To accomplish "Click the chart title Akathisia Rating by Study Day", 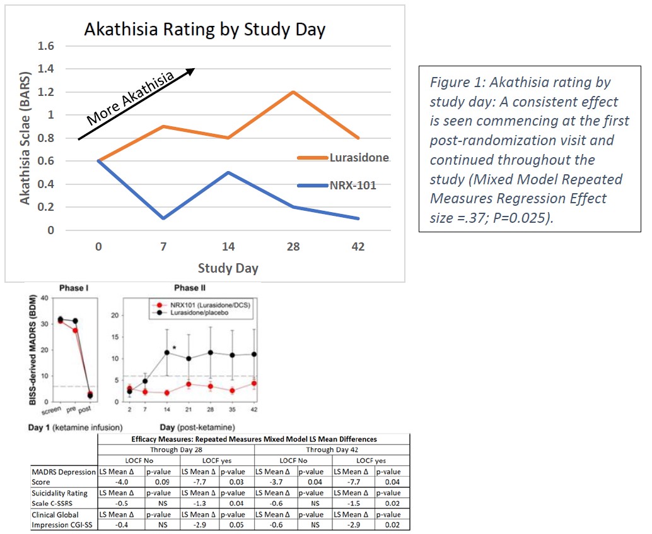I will click(x=205, y=30).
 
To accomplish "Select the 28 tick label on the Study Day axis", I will click(x=293, y=247).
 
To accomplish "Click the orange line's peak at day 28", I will click(x=293, y=92).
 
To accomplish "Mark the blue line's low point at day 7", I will click(x=163, y=218).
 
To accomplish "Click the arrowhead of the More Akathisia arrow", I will click(x=191, y=70).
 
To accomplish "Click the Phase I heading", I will click(x=73, y=288).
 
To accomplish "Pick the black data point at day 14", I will click(x=167, y=353).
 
